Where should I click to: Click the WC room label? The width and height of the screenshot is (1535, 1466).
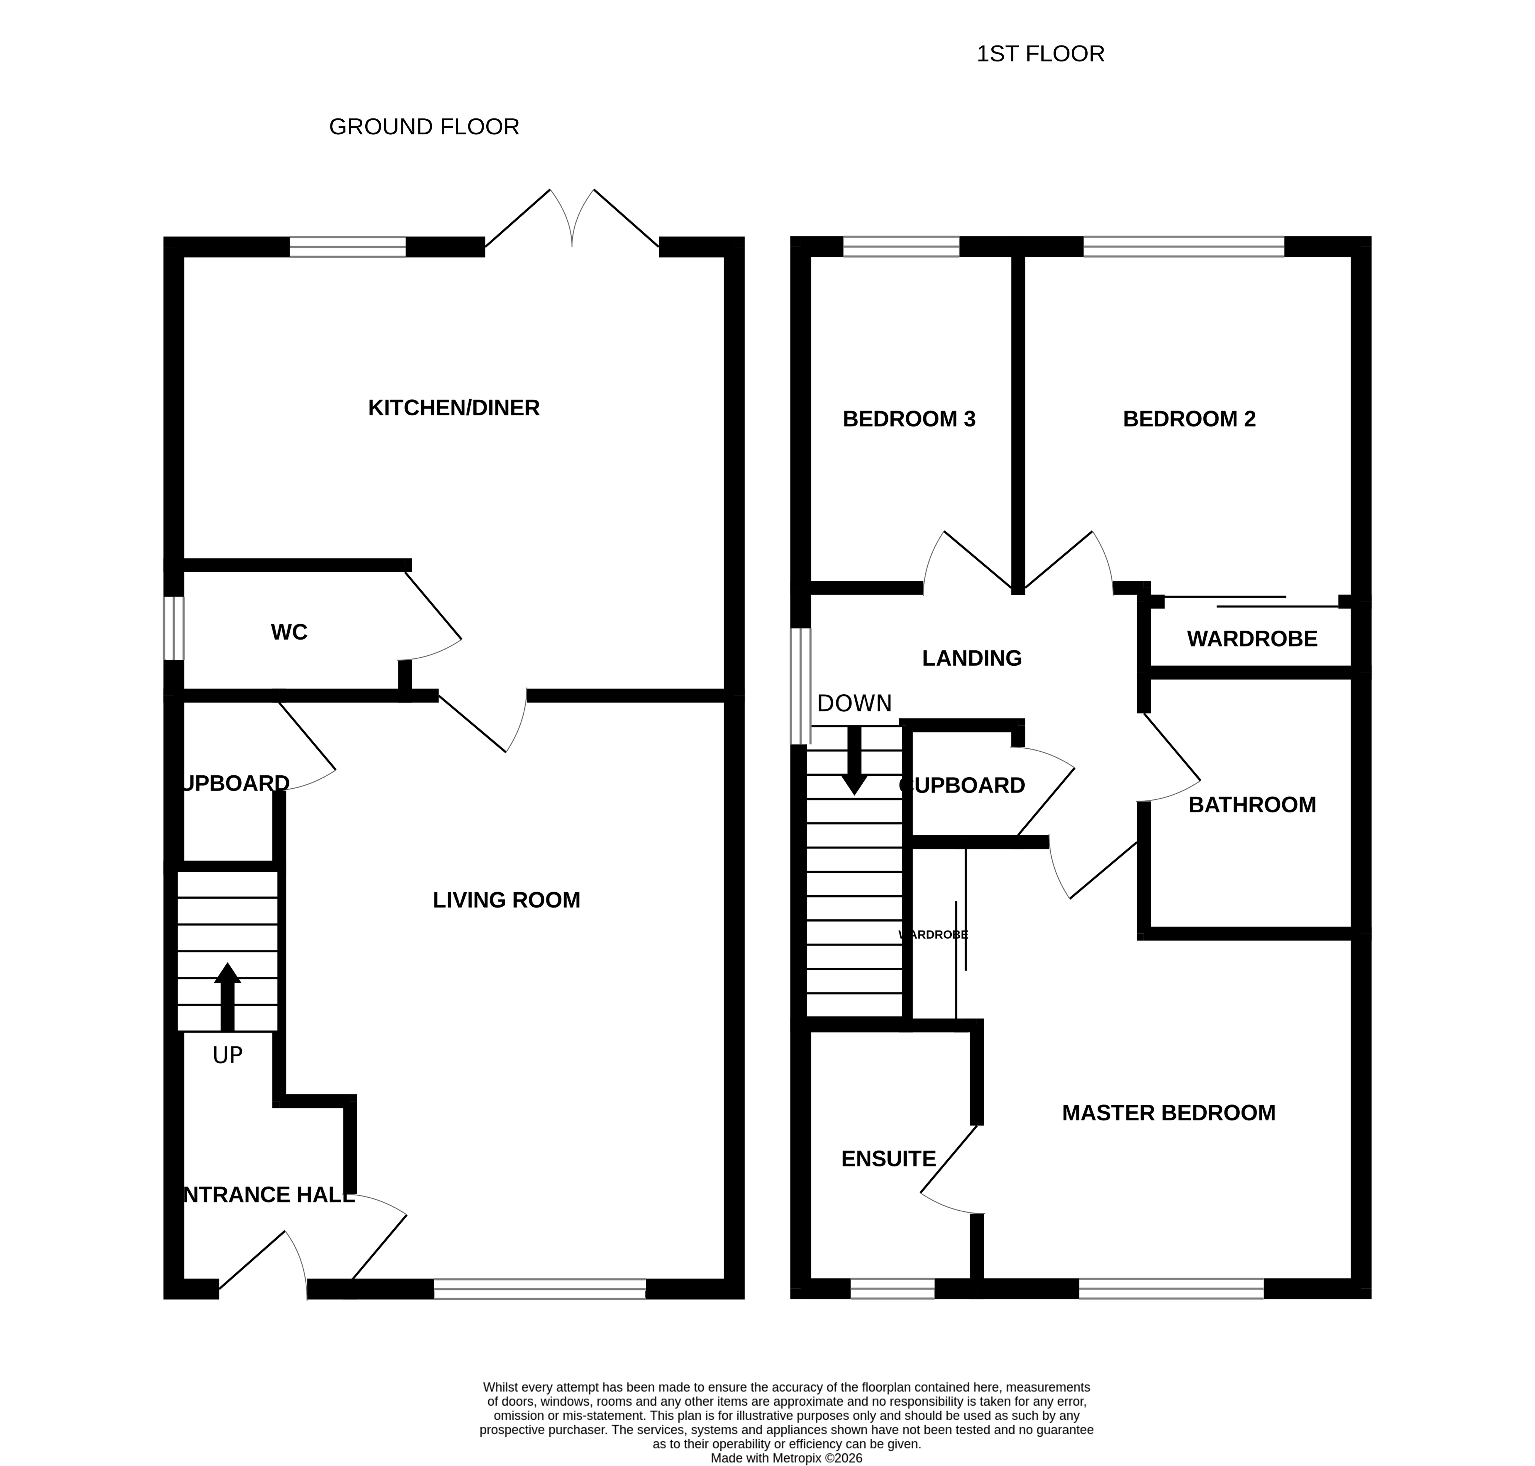(289, 632)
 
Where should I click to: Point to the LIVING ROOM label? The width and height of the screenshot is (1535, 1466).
(506, 900)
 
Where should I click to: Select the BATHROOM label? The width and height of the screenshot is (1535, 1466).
(1252, 805)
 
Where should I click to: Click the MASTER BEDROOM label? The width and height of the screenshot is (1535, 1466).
(1168, 1113)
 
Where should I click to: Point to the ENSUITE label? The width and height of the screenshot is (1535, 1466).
(888, 1159)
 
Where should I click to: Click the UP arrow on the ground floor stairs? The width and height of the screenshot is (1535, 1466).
(227, 996)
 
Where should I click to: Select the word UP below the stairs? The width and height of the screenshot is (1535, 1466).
(227, 1056)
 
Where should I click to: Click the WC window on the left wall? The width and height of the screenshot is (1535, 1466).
(174, 628)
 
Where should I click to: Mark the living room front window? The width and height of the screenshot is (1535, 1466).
(539, 1289)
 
